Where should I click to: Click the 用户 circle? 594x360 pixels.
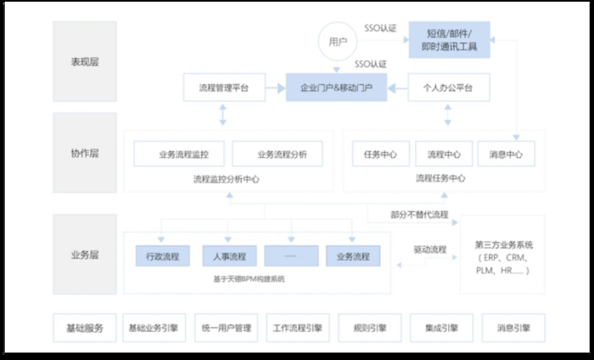click(337, 42)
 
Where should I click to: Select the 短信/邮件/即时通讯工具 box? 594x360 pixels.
click(449, 40)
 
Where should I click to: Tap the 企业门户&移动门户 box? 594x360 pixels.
click(336, 88)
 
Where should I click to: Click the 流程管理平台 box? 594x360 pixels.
click(224, 88)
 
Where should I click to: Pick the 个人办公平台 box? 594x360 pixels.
click(448, 88)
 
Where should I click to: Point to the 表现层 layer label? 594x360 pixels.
click(85, 62)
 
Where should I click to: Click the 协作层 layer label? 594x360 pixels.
click(85, 153)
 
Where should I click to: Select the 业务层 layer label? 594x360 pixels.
click(85, 254)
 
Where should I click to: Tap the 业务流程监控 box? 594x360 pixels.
click(179, 154)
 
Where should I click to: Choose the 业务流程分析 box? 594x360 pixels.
click(278, 154)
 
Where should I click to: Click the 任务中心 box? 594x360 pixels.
click(380, 154)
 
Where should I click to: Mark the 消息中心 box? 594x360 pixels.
click(506, 154)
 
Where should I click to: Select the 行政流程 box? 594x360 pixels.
click(162, 256)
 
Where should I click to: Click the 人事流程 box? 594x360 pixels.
click(229, 256)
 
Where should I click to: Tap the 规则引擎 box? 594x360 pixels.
click(370, 328)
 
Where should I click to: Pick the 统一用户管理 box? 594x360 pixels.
click(226, 328)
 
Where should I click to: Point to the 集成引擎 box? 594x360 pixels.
click(441, 328)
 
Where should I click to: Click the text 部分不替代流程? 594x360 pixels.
click(419, 214)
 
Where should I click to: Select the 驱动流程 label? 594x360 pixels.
click(430, 250)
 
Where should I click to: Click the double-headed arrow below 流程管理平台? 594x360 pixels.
click(223, 115)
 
